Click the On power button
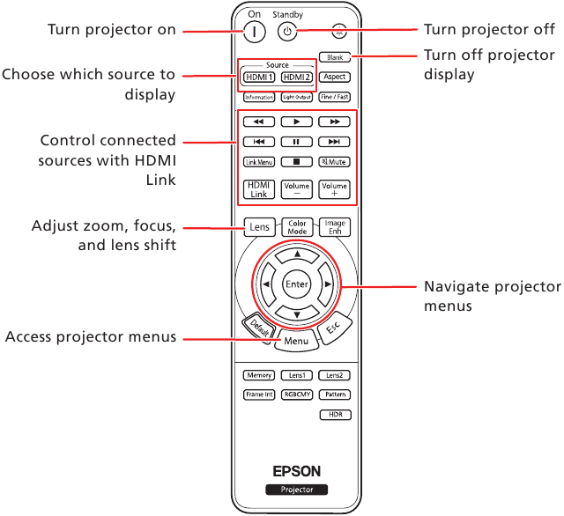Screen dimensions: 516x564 click(x=253, y=31)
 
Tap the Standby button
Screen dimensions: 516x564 click(x=285, y=31)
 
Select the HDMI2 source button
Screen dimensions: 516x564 click(x=297, y=77)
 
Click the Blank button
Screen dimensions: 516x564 click(x=335, y=57)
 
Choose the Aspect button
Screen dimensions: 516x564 click(x=335, y=77)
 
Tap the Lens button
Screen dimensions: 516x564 click(x=259, y=227)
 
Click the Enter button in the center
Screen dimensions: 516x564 click(x=297, y=284)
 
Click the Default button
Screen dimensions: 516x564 click(x=258, y=328)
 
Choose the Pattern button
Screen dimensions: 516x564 click(x=335, y=395)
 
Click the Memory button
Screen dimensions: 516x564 click(x=259, y=375)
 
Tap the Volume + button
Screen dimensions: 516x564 click(x=335, y=189)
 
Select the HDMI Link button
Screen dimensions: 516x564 click(x=259, y=189)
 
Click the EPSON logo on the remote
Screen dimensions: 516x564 click(x=297, y=470)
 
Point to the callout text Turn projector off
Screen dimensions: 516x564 click(x=489, y=30)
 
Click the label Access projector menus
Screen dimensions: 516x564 click(x=91, y=337)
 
